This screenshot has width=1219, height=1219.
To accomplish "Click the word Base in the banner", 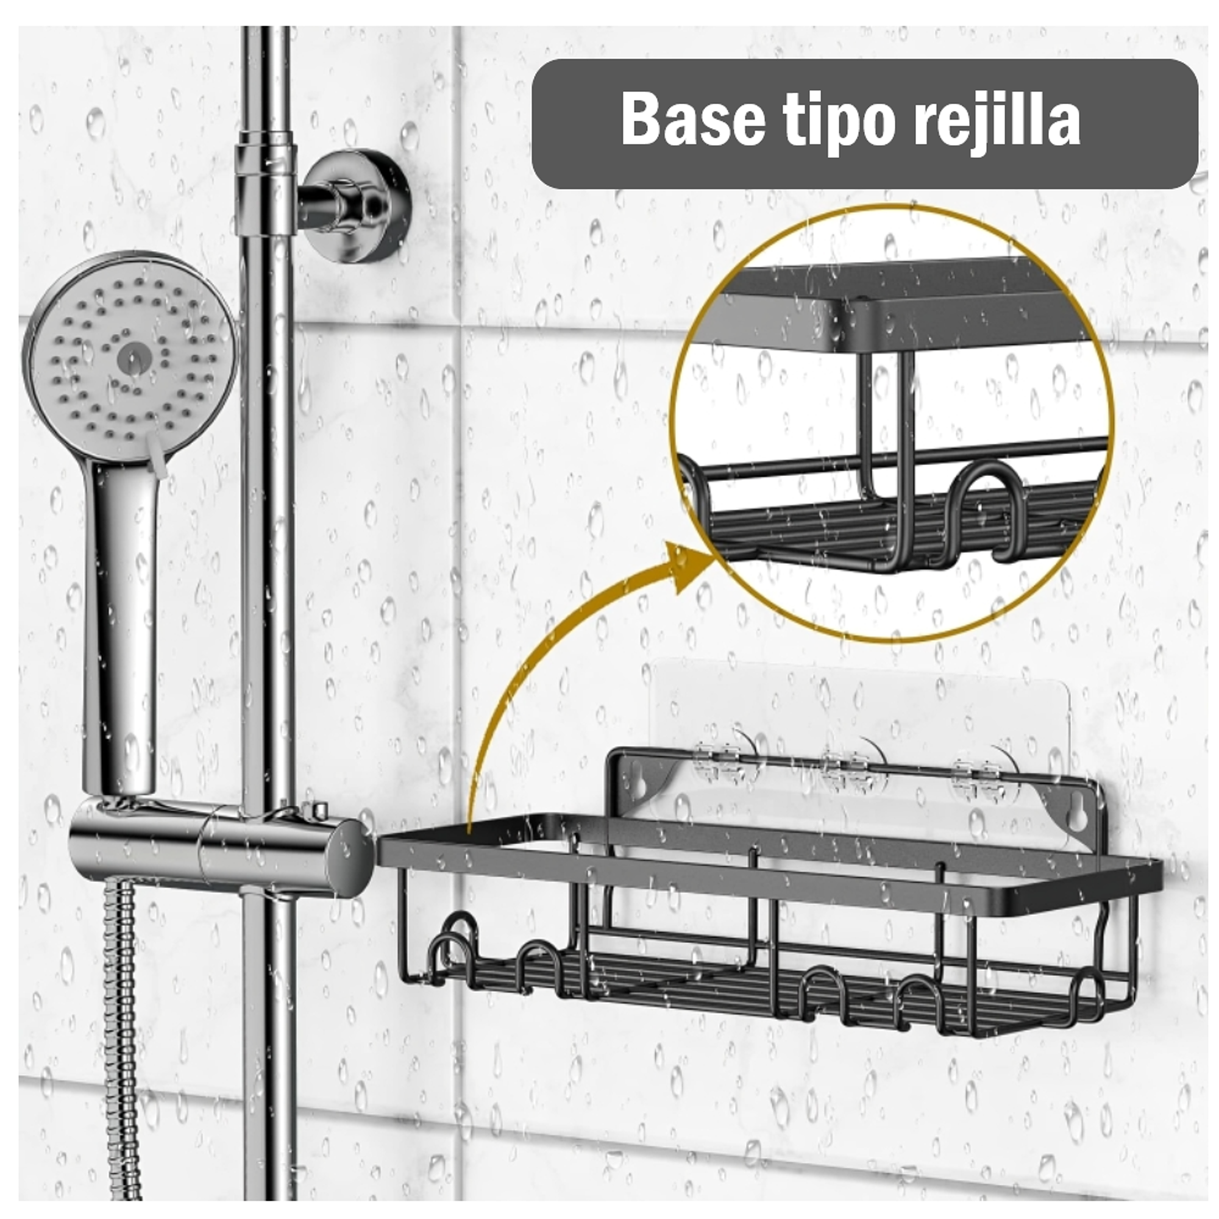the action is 692,121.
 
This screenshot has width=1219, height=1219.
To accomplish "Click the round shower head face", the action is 130,357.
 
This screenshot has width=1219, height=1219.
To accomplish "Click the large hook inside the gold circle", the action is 981,505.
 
